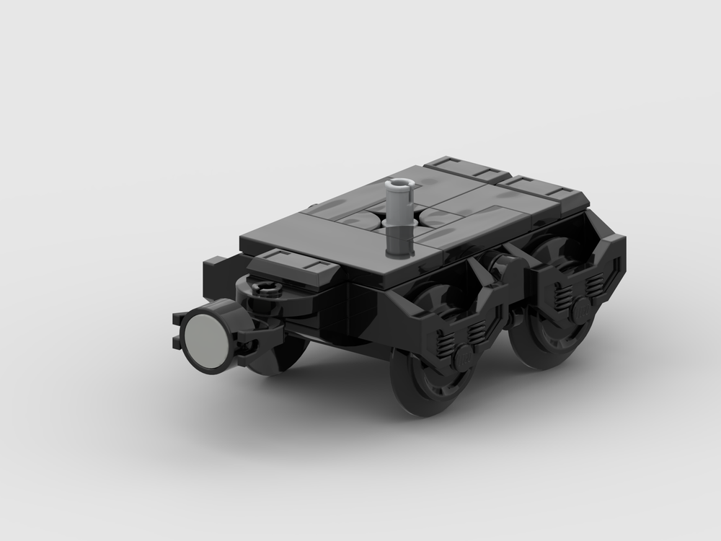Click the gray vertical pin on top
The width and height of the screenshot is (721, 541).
pos(398,216)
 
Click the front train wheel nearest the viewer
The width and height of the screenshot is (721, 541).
pos(425,382)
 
